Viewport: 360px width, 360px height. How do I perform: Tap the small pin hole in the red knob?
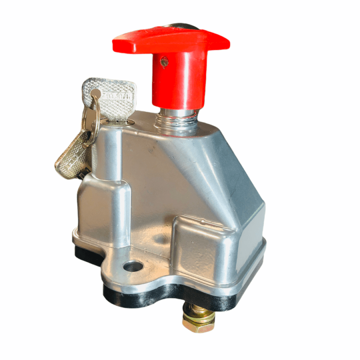click(164, 61)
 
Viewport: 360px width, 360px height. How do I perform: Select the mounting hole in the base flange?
click(132, 266)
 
